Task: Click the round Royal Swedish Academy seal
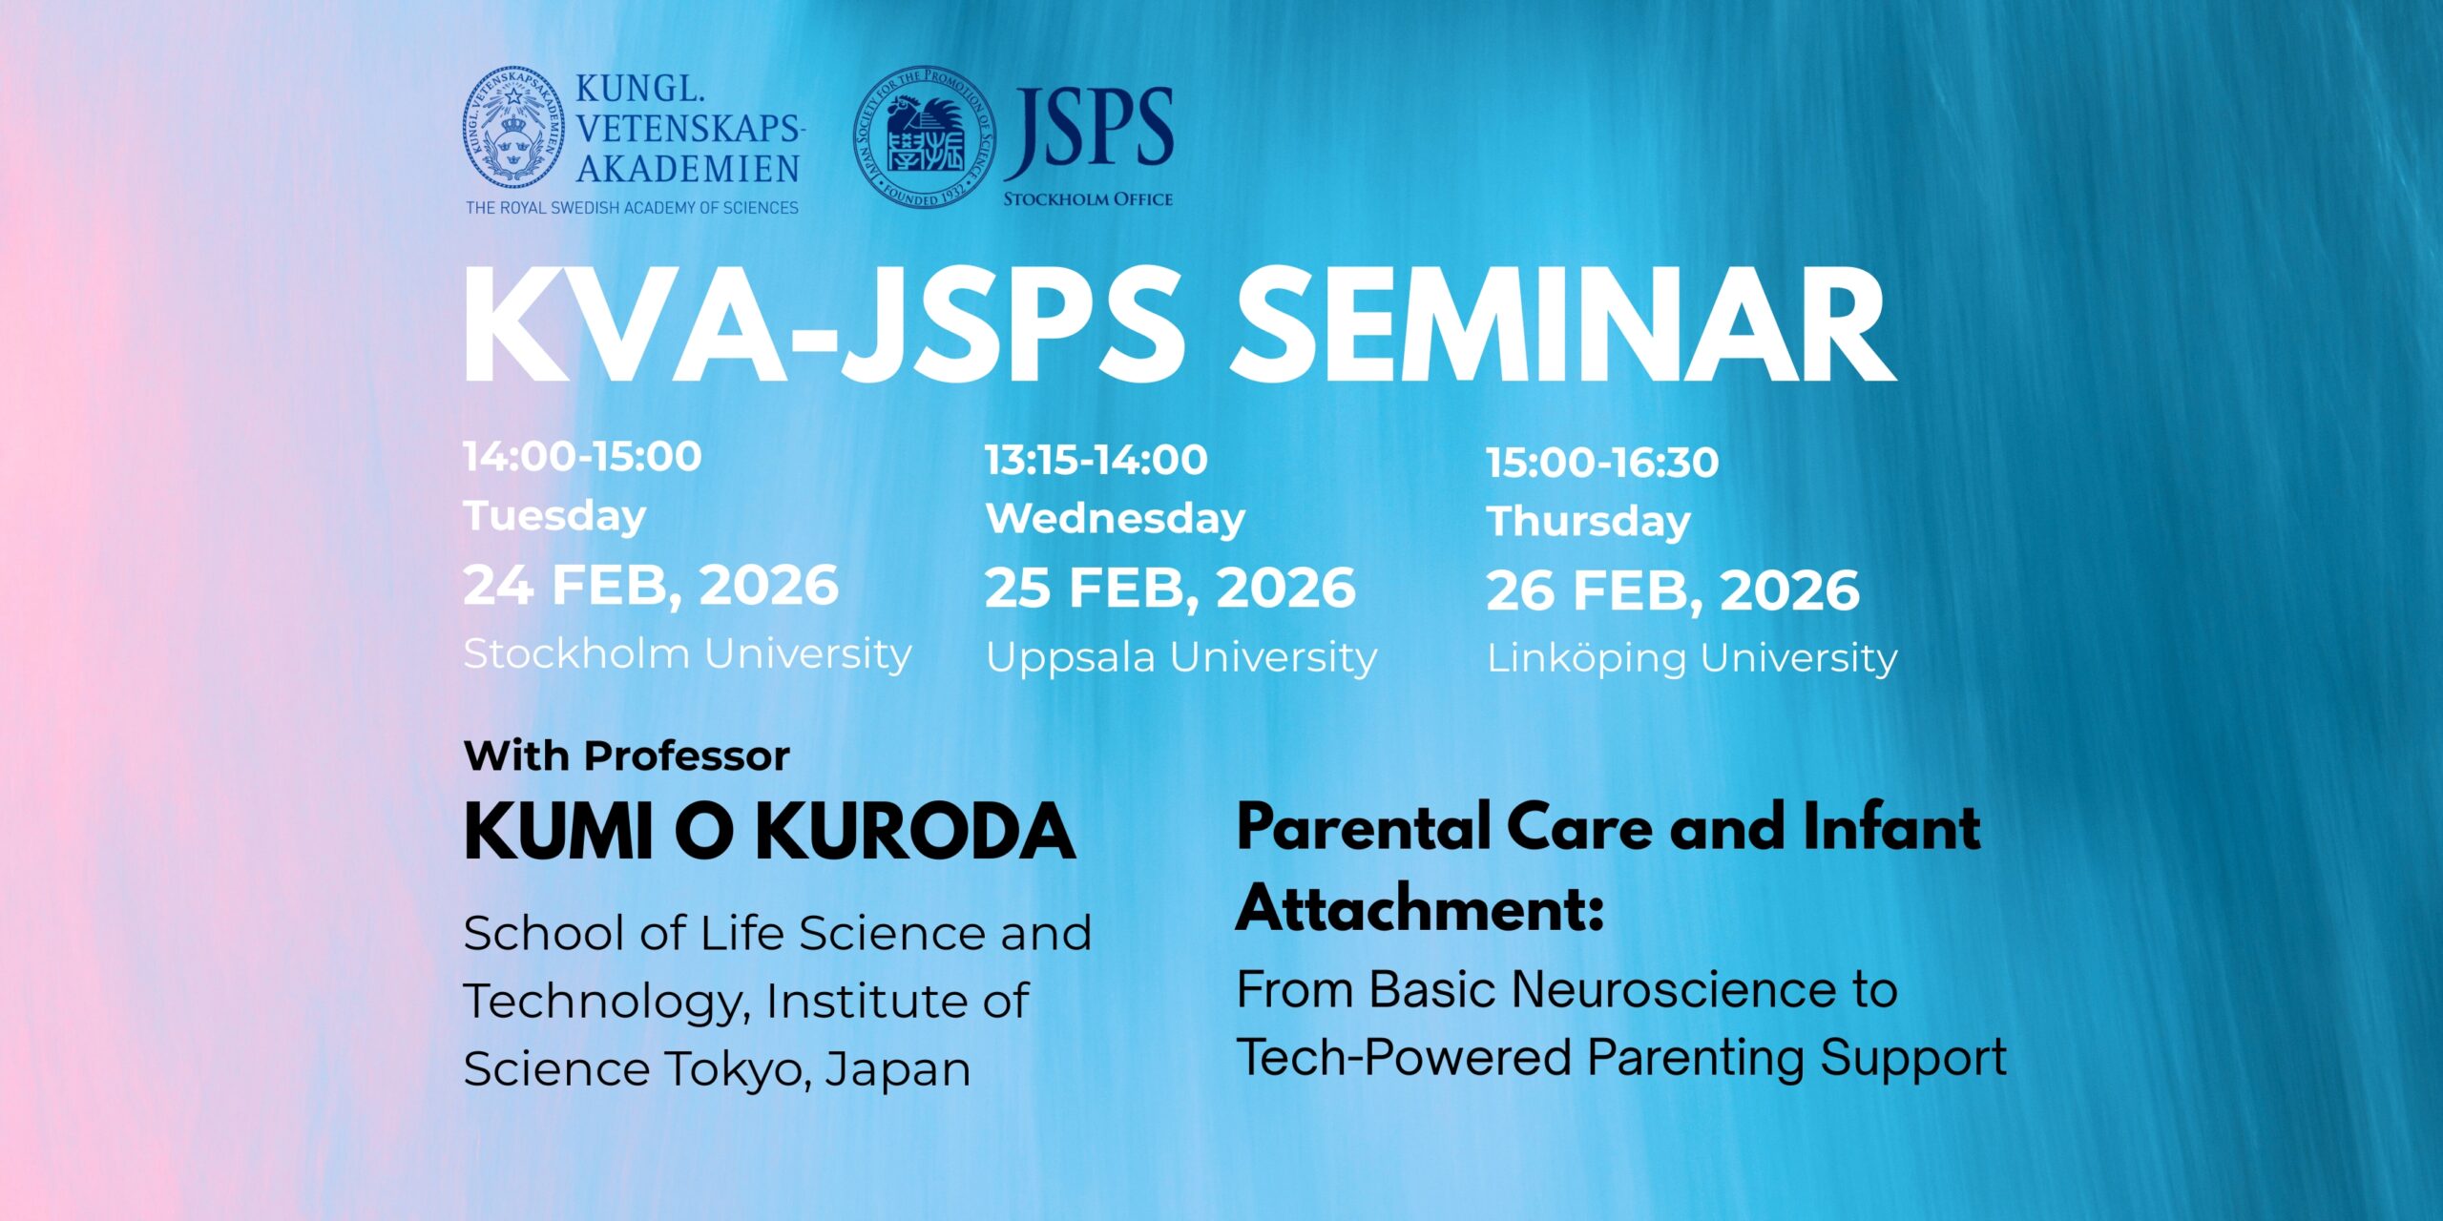pos(513,128)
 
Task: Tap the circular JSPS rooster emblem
pos(924,137)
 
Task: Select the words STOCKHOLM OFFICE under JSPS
pos(1088,199)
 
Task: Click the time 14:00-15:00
pos(582,456)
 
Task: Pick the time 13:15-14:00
pos(1096,460)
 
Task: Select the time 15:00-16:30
pos(1603,463)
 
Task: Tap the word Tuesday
pos(554,516)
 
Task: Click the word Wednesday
pos(1116,519)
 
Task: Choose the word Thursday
pos(1589,522)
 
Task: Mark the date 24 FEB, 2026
pos(651,585)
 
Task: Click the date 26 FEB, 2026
pos(1673,590)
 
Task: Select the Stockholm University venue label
pos(687,654)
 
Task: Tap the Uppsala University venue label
pos(1181,658)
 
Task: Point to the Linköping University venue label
pos(1692,658)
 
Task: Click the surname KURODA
pos(916,832)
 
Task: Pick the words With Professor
pos(627,755)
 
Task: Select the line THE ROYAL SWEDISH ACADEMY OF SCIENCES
pos(632,208)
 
